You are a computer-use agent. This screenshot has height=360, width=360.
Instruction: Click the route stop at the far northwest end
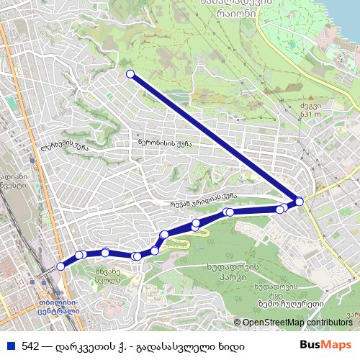[130, 74]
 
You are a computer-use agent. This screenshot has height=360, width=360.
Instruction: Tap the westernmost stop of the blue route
[60, 266]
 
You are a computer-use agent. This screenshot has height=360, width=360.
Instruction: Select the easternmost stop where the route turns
[299, 202]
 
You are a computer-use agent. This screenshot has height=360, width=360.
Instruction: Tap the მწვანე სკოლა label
[107, 275]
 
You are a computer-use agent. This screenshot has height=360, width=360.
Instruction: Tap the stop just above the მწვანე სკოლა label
[106, 252]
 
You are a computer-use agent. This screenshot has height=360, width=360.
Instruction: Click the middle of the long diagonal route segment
[215, 138]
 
